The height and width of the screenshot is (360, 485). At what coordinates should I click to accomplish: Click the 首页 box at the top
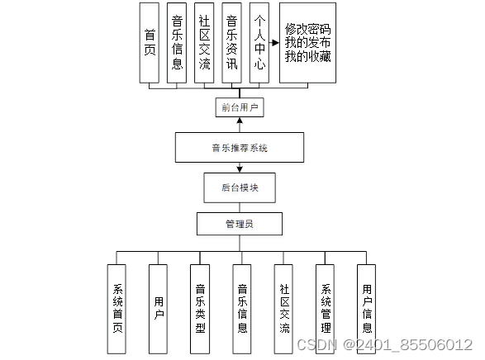pyautogui.click(x=150, y=42)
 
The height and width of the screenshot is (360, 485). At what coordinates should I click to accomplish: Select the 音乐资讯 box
pyautogui.click(x=232, y=42)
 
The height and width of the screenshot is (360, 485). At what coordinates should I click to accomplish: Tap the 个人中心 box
pyautogui.click(x=259, y=42)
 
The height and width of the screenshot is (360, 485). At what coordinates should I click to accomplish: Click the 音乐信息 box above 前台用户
pyautogui.click(x=176, y=42)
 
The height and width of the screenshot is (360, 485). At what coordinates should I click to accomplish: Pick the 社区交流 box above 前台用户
pyautogui.click(x=204, y=42)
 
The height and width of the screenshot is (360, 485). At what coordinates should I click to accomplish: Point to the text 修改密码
pyautogui.click(x=307, y=28)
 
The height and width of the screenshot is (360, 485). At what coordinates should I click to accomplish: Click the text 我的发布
pyautogui.click(x=307, y=43)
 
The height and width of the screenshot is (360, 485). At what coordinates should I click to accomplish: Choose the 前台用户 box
pyautogui.click(x=240, y=107)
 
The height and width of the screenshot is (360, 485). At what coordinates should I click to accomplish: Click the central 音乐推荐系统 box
pyautogui.click(x=240, y=149)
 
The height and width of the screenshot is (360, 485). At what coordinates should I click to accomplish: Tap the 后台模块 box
pyautogui.click(x=240, y=187)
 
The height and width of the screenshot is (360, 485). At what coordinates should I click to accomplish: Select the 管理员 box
pyautogui.click(x=240, y=224)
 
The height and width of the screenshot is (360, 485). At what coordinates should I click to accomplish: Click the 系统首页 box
pyautogui.click(x=117, y=309)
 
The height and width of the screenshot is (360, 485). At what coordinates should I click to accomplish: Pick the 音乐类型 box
pyautogui.click(x=200, y=309)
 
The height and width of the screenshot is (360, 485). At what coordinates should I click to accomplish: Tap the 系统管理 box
pyautogui.click(x=325, y=309)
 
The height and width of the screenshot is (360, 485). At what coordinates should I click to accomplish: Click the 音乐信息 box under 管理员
pyautogui.click(x=241, y=309)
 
